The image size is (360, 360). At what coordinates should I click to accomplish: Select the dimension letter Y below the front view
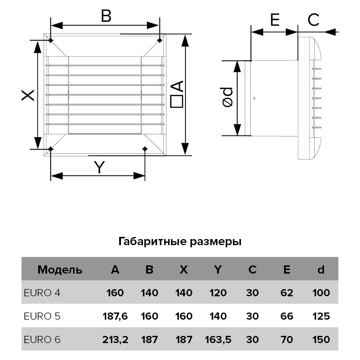click(x=99, y=167)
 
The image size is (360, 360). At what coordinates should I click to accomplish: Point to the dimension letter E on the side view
click(x=275, y=20)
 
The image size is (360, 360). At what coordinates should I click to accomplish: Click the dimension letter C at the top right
click(x=314, y=20)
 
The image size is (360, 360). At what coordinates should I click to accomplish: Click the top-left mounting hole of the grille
click(x=51, y=40)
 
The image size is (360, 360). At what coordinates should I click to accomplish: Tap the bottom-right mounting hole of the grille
click(x=145, y=149)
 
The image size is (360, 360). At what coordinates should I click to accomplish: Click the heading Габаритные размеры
click(x=180, y=241)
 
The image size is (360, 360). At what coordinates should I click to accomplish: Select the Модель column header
click(x=60, y=270)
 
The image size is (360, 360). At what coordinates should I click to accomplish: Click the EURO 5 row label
click(x=42, y=316)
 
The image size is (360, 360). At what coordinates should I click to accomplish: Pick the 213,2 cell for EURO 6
click(x=115, y=339)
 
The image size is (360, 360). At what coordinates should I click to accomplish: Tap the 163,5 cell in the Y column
click(x=218, y=339)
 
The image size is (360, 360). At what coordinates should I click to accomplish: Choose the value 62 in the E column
click(x=287, y=293)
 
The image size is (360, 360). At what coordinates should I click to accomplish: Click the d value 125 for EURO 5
click(x=321, y=316)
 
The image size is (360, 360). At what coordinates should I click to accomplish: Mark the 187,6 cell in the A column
click(x=115, y=316)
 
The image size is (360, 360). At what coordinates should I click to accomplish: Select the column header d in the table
click(x=321, y=270)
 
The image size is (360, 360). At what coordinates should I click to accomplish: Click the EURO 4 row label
click(x=42, y=293)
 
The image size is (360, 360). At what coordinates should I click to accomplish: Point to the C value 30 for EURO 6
click(x=252, y=339)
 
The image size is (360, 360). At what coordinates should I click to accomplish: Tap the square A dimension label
click(x=177, y=94)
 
